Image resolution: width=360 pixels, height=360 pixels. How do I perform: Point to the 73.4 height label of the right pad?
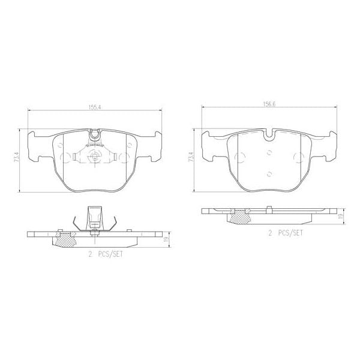(x=191, y=157)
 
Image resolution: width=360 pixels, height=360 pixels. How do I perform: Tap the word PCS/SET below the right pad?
(x=289, y=232)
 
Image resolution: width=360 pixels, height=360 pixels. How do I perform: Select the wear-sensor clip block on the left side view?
(x=94, y=217)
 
